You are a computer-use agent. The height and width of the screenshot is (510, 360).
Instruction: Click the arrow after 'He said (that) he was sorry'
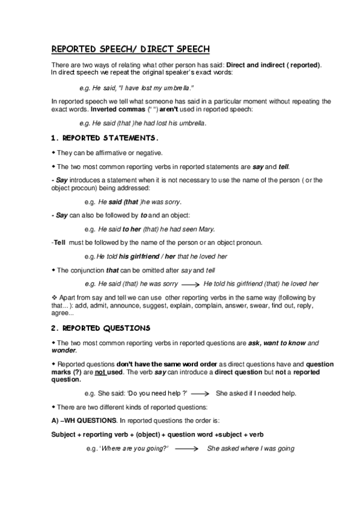point(190,283)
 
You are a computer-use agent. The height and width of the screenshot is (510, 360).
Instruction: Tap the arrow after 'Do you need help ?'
point(200,394)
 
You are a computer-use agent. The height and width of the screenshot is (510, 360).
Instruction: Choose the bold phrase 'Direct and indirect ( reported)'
point(273,64)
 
